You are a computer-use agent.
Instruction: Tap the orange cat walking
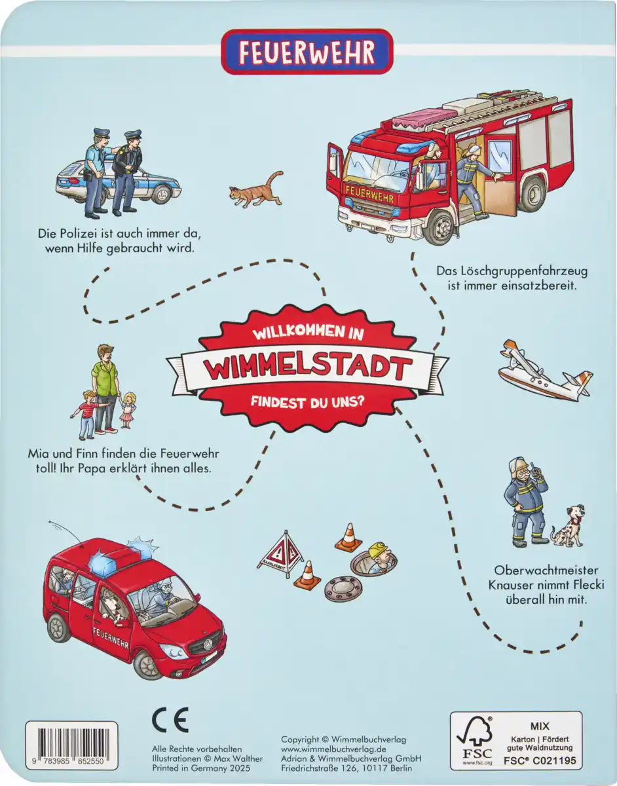[x=255, y=189]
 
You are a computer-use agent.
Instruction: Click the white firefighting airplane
[x=544, y=374]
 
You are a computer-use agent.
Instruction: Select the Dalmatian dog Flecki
[x=566, y=525]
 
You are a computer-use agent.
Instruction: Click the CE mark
[x=170, y=720]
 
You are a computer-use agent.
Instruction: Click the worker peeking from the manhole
[x=380, y=556]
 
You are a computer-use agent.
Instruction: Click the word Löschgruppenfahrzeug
[x=502, y=270]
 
